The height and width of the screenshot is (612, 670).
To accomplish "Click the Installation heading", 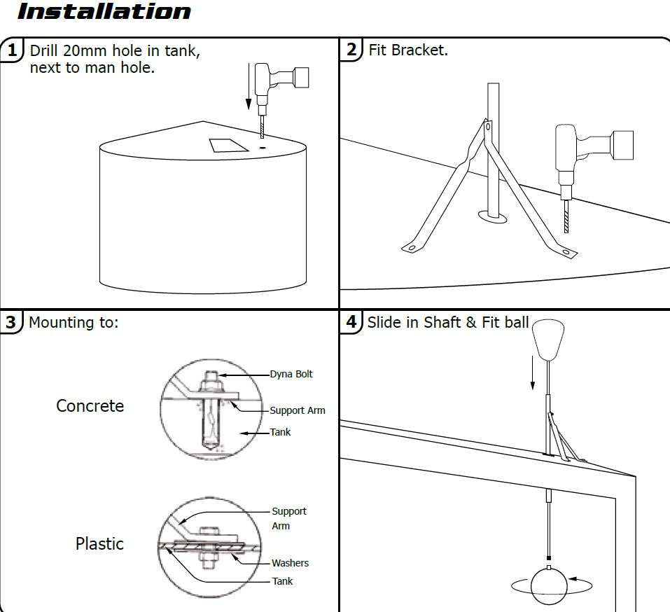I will (103, 12).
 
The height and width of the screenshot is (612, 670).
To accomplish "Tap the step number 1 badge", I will (12, 51).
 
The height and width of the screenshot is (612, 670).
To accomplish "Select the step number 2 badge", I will (351, 50).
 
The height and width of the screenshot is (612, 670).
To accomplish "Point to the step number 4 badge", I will (351, 322).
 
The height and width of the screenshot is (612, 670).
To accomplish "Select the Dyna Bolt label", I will (291, 374).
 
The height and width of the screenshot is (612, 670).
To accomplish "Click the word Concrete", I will (90, 406).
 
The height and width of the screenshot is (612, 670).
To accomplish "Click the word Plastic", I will (99, 543).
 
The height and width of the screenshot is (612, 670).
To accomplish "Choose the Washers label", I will (290, 563).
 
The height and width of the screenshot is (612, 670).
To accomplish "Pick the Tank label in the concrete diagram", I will (280, 432).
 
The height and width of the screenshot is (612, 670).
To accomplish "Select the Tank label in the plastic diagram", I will (282, 581).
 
